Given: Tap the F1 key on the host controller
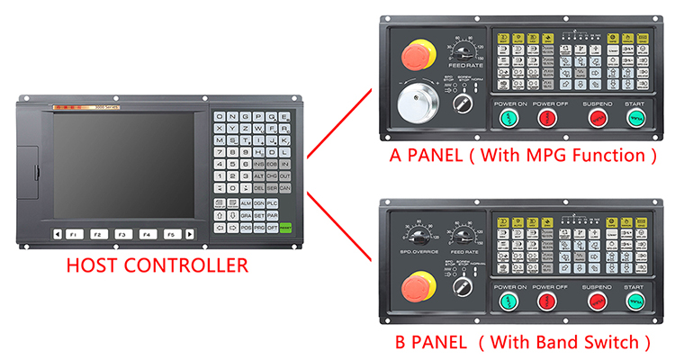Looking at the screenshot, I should click(x=75, y=234).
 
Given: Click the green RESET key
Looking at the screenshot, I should click(x=285, y=229).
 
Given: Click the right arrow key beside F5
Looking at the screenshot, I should click(x=190, y=234).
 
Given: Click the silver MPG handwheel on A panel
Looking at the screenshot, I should click(x=417, y=107).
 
